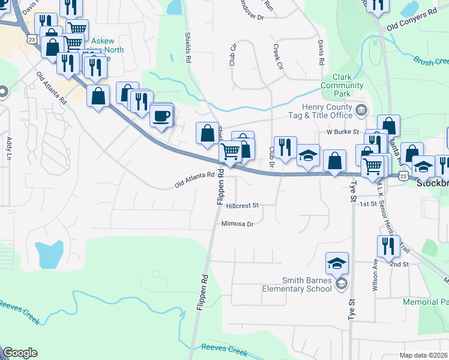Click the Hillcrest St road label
click(x=243, y=205)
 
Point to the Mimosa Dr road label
click(x=238, y=224)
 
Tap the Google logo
click(x=20, y=353)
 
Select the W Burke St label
click(x=342, y=131)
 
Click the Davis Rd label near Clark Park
click(x=321, y=53)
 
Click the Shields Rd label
click(x=188, y=48)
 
